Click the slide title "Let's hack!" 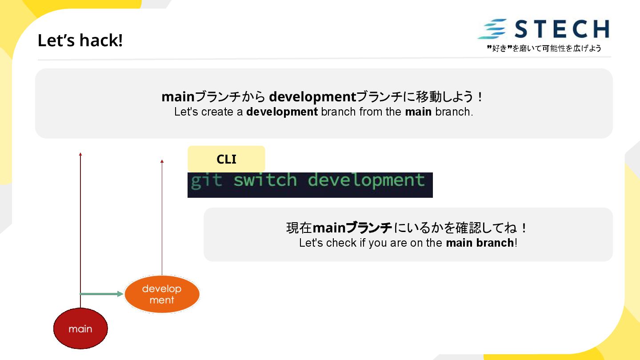click(80, 40)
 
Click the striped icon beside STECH click(492, 29)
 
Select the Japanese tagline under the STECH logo click(544, 48)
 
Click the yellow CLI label click(226, 159)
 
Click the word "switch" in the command click(265, 180)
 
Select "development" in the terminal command click(366, 181)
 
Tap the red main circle click(80, 328)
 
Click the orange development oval click(162, 294)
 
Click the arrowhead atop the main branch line click(80, 154)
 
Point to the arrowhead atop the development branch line click(162, 161)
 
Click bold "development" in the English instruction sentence click(282, 112)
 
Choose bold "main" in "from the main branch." click(418, 112)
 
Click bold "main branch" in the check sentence click(480, 243)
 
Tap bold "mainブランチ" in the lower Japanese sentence click(352, 228)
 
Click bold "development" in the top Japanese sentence click(312, 96)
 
